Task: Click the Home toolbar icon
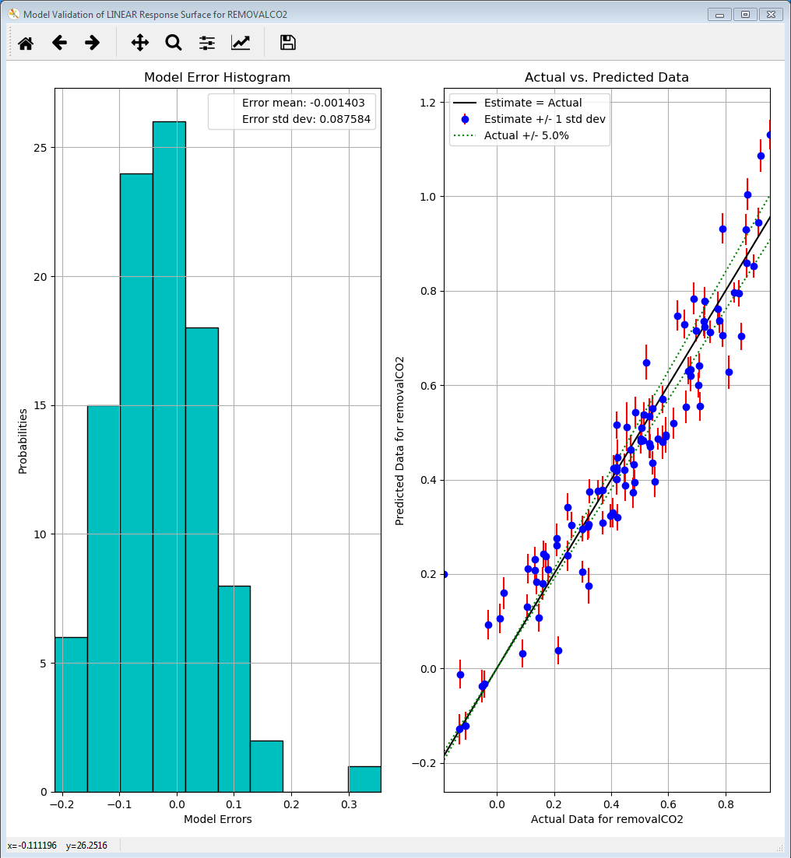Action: pos(26,43)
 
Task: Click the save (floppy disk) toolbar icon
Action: pos(288,43)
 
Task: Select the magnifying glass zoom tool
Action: pos(174,43)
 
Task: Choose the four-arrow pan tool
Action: pos(140,43)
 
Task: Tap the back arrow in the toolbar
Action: pos(60,43)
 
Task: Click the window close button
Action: pos(771,14)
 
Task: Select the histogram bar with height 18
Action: pos(202,560)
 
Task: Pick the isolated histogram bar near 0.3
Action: pos(364,779)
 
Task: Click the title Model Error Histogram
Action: pos(217,78)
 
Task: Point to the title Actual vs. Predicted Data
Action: pos(606,78)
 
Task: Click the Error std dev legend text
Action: pos(306,119)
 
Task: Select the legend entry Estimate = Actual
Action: pos(533,103)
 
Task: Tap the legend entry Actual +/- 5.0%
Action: pos(526,135)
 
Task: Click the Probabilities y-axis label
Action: pos(23,441)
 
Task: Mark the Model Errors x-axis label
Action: pos(217,819)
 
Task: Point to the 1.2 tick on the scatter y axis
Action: pos(427,103)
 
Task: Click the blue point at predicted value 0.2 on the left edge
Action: pos(444,574)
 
